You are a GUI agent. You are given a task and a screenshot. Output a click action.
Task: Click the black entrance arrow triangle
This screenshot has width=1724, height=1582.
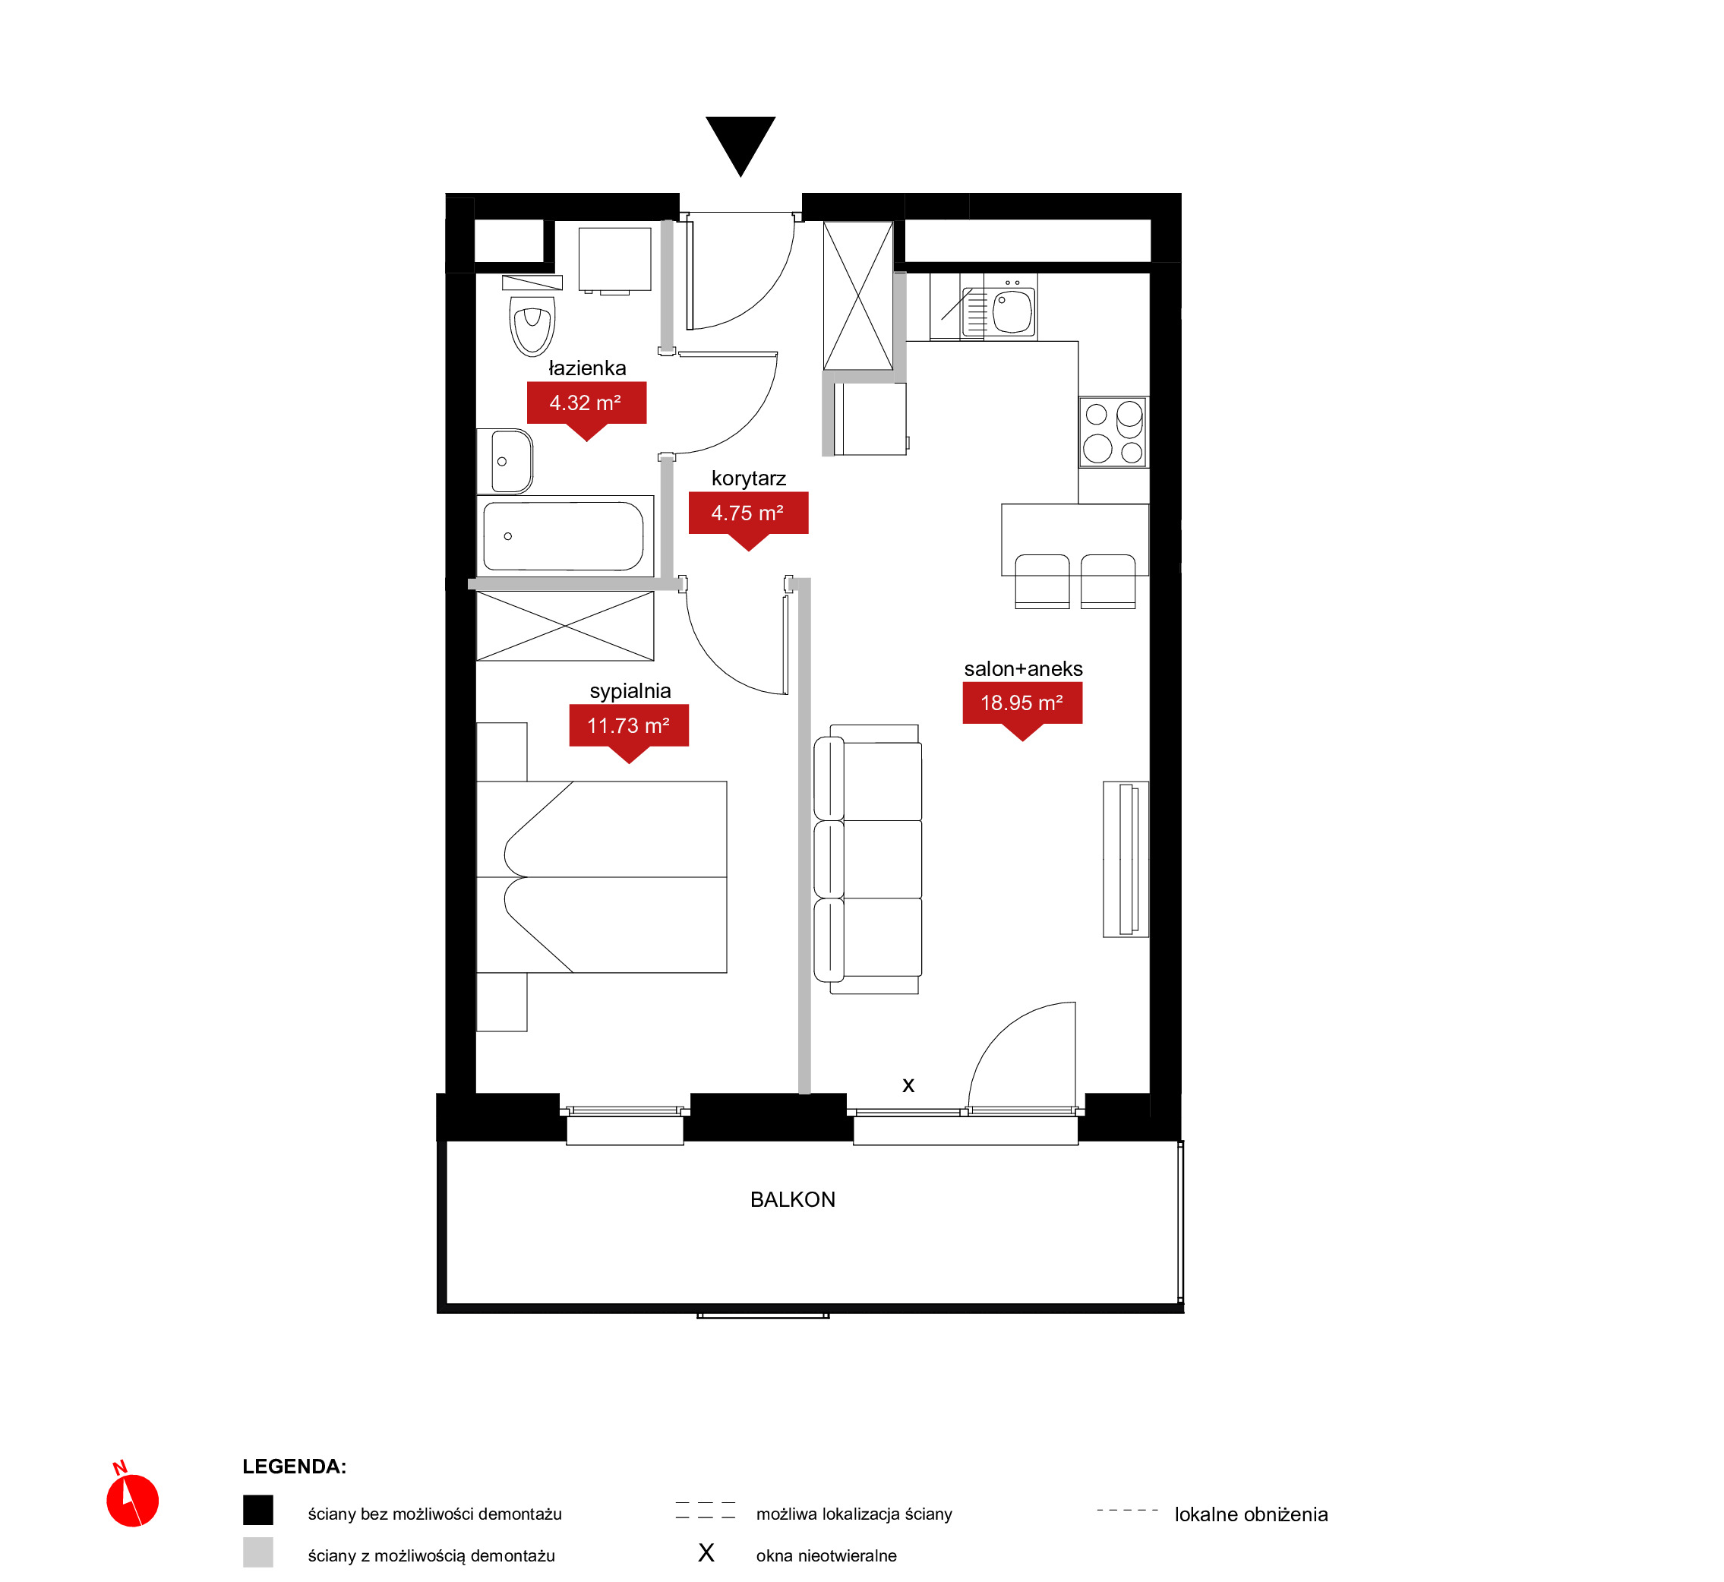(x=740, y=141)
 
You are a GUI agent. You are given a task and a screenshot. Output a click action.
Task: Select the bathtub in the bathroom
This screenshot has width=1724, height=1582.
(x=565, y=536)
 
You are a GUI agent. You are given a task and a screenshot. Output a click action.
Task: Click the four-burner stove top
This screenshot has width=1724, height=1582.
(x=1113, y=432)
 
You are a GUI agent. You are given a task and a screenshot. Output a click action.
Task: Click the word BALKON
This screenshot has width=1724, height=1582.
(x=793, y=1200)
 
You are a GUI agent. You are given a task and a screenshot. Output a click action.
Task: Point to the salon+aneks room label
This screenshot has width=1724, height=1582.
(x=1024, y=668)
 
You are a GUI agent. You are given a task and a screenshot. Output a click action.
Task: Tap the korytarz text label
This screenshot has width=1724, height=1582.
(x=749, y=478)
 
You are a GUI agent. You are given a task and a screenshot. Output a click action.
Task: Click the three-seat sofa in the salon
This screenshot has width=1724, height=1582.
(x=867, y=860)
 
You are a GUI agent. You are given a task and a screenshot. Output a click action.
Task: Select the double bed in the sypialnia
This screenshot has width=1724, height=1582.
(x=602, y=877)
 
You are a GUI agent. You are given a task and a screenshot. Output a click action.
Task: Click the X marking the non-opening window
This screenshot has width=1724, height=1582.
(x=909, y=1086)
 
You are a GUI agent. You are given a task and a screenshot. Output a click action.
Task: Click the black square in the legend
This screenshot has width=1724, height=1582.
(x=258, y=1510)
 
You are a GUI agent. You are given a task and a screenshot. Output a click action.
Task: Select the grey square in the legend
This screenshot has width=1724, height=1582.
(x=258, y=1552)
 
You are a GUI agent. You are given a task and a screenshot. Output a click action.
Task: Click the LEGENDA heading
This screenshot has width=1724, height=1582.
(x=295, y=1467)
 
